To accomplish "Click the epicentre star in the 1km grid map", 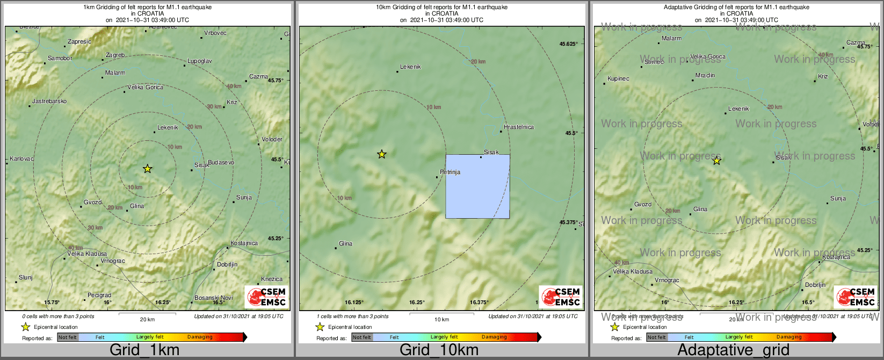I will [x=148, y=169].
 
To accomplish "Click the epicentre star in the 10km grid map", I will [x=382, y=154].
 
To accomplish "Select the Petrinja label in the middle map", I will [x=450, y=172].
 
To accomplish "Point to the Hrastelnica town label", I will [x=519, y=127].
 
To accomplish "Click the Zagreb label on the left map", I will [x=115, y=55].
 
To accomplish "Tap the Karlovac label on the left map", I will [x=21, y=159].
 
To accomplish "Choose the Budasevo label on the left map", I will [x=221, y=162].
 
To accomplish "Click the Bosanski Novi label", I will [x=214, y=298].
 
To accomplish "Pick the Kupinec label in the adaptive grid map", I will [x=618, y=78].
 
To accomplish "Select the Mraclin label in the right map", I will [x=705, y=75].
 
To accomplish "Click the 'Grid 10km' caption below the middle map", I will [x=439, y=350].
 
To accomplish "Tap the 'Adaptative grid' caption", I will [x=733, y=350].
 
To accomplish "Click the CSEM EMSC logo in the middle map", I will [x=561, y=297].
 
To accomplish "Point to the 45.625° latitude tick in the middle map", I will [x=569, y=44].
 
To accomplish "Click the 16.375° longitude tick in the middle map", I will [x=479, y=302].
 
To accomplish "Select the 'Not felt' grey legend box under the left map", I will [x=68, y=337].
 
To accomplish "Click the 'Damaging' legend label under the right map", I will [x=789, y=337].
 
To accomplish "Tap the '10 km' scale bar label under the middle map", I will [x=441, y=320].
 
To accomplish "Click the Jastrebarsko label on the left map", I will [x=49, y=101].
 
